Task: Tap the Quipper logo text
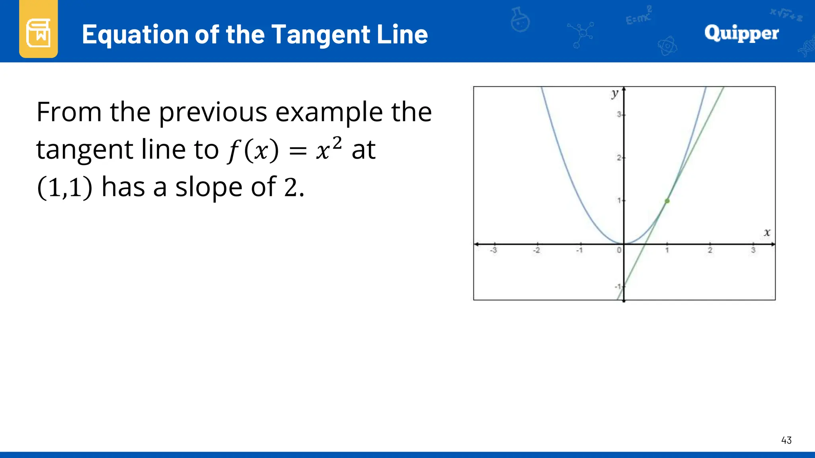click(741, 33)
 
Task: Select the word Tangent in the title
click(322, 35)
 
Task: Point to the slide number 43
click(786, 440)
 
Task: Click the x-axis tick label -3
click(493, 250)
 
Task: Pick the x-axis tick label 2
click(710, 250)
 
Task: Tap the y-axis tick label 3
click(619, 114)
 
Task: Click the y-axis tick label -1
click(618, 286)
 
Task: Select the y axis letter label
click(615, 93)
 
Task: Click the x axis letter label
click(767, 232)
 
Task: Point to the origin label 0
click(619, 250)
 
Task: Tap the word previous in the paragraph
click(213, 112)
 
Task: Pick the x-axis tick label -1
click(579, 250)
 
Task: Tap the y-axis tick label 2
click(619, 158)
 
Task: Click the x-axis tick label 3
click(753, 250)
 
